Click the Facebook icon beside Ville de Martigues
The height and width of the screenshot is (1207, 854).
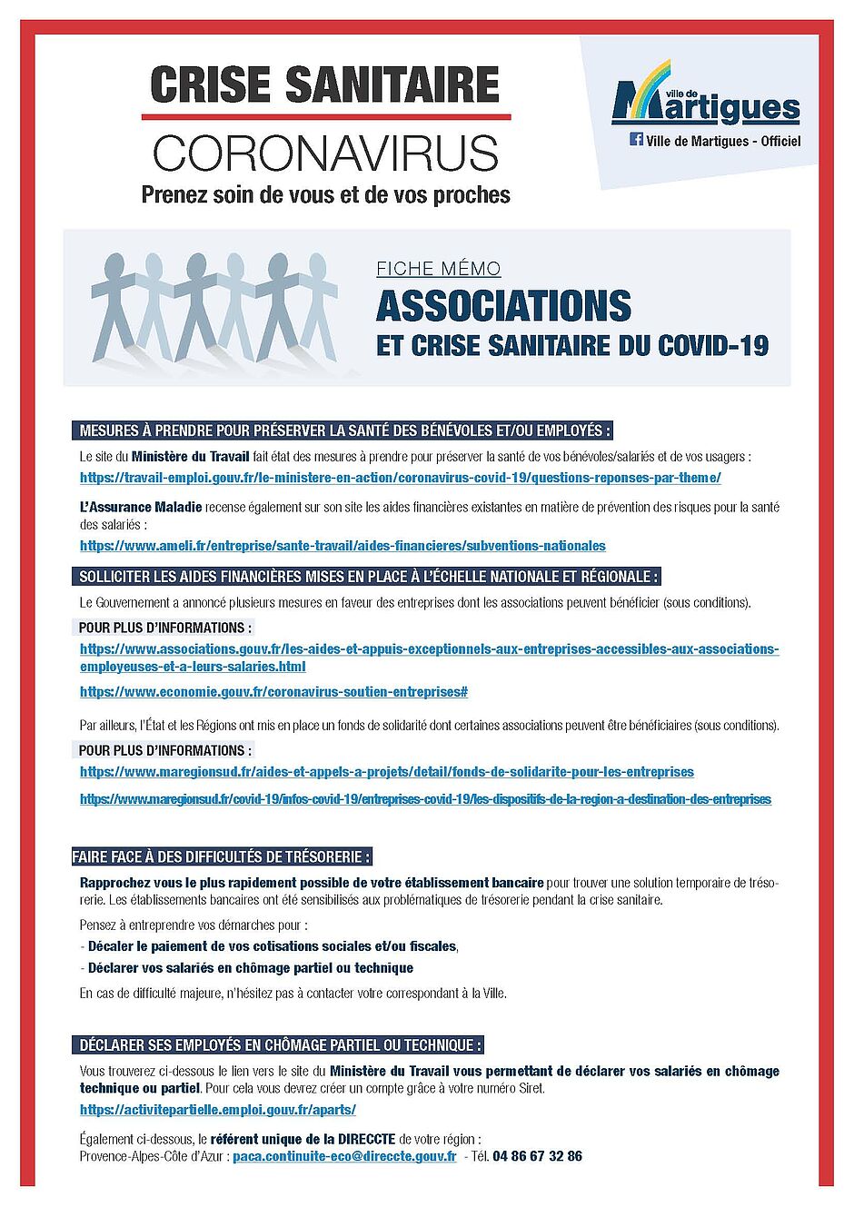click(x=636, y=140)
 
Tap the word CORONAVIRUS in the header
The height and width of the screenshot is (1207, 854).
click(x=325, y=153)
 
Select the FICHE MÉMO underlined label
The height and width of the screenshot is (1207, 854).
click(x=438, y=269)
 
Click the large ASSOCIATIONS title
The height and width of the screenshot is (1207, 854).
click(x=503, y=306)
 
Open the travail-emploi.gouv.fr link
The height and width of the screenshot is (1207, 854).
click(x=400, y=478)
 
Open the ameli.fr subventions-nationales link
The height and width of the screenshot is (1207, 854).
click(x=343, y=546)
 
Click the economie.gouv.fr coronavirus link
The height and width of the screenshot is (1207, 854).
click(x=273, y=692)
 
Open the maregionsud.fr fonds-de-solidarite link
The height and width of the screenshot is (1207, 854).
click(x=386, y=772)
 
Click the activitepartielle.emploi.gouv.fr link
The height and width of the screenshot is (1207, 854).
click(x=217, y=1110)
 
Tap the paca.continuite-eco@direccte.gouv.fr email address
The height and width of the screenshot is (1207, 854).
click(x=344, y=1156)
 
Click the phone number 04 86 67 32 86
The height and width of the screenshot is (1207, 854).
click(x=537, y=1156)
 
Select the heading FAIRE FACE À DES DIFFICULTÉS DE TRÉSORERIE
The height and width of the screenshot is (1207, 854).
click(x=222, y=856)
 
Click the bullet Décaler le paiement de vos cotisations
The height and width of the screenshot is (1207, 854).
click(x=273, y=946)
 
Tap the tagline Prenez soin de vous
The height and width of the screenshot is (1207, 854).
click(x=325, y=194)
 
